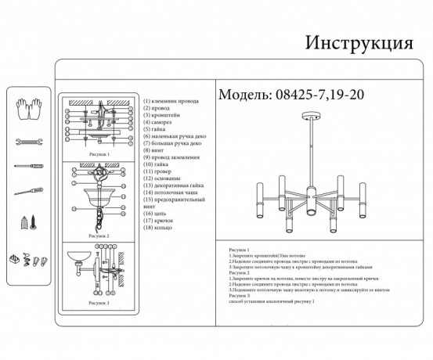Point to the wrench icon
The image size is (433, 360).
(29, 142)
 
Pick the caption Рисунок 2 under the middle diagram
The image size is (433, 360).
(98, 235)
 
